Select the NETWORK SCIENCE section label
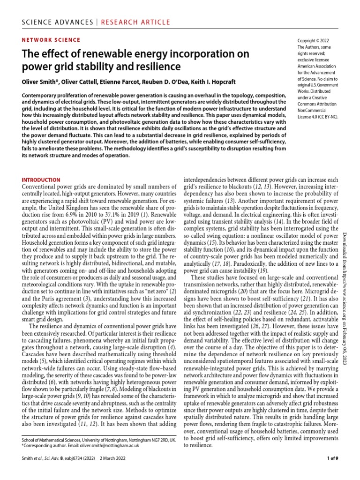pos(52,40)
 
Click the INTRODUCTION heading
pos(41,180)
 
